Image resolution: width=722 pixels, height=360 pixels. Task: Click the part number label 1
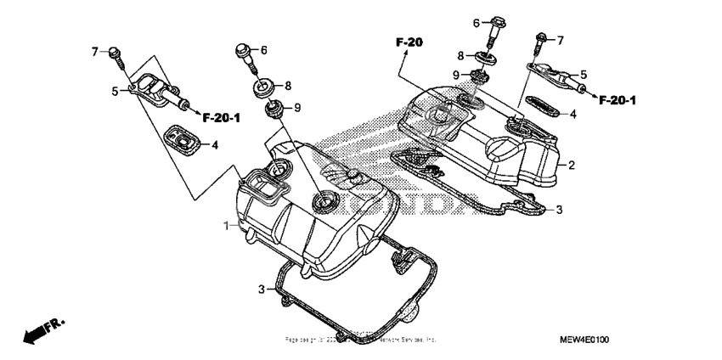click(226, 226)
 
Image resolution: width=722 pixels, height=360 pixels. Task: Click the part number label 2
click(572, 165)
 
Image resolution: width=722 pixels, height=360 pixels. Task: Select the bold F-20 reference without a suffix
click(408, 42)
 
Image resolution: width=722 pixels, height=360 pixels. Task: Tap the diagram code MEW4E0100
click(584, 340)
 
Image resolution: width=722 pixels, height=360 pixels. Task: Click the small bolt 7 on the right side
click(539, 38)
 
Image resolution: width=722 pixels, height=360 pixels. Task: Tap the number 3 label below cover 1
click(262, 290)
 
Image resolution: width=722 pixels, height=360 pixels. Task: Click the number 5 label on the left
click(114, 89)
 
